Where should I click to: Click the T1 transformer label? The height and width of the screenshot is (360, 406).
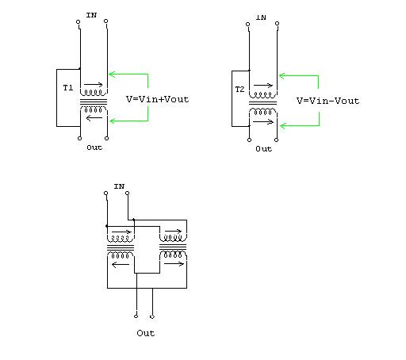point(68,88)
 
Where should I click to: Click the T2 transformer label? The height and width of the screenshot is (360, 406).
point(239,90)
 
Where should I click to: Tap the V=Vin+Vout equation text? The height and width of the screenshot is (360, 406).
point(158,99)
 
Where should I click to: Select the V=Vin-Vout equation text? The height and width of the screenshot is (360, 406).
point(327,101)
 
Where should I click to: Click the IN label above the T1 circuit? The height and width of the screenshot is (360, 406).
point(91,15)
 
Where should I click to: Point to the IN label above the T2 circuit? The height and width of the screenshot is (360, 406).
point(261,17)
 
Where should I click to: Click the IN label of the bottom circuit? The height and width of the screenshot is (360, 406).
point(119,186)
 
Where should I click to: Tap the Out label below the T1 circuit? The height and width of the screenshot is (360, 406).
point(94,147)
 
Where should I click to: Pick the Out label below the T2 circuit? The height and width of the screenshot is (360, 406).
point(263,149)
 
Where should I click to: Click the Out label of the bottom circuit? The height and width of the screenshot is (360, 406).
point(146,333)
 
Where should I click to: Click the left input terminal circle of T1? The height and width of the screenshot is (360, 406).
point(79,21)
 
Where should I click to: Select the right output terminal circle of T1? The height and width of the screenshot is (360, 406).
point(106,138)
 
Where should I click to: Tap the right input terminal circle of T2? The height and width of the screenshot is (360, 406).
point(277,24)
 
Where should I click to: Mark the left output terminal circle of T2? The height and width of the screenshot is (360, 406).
point(249,140)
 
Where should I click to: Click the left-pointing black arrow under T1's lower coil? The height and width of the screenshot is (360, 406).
point(94,117)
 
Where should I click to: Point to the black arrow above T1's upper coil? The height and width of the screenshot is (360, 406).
point(93,85)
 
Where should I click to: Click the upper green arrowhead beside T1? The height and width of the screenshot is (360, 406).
point(112,75)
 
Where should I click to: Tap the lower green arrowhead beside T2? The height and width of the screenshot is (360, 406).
point(283,125)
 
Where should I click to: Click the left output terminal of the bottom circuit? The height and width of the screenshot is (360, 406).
point(136,316)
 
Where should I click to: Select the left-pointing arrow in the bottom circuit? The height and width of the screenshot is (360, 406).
point(121,264)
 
